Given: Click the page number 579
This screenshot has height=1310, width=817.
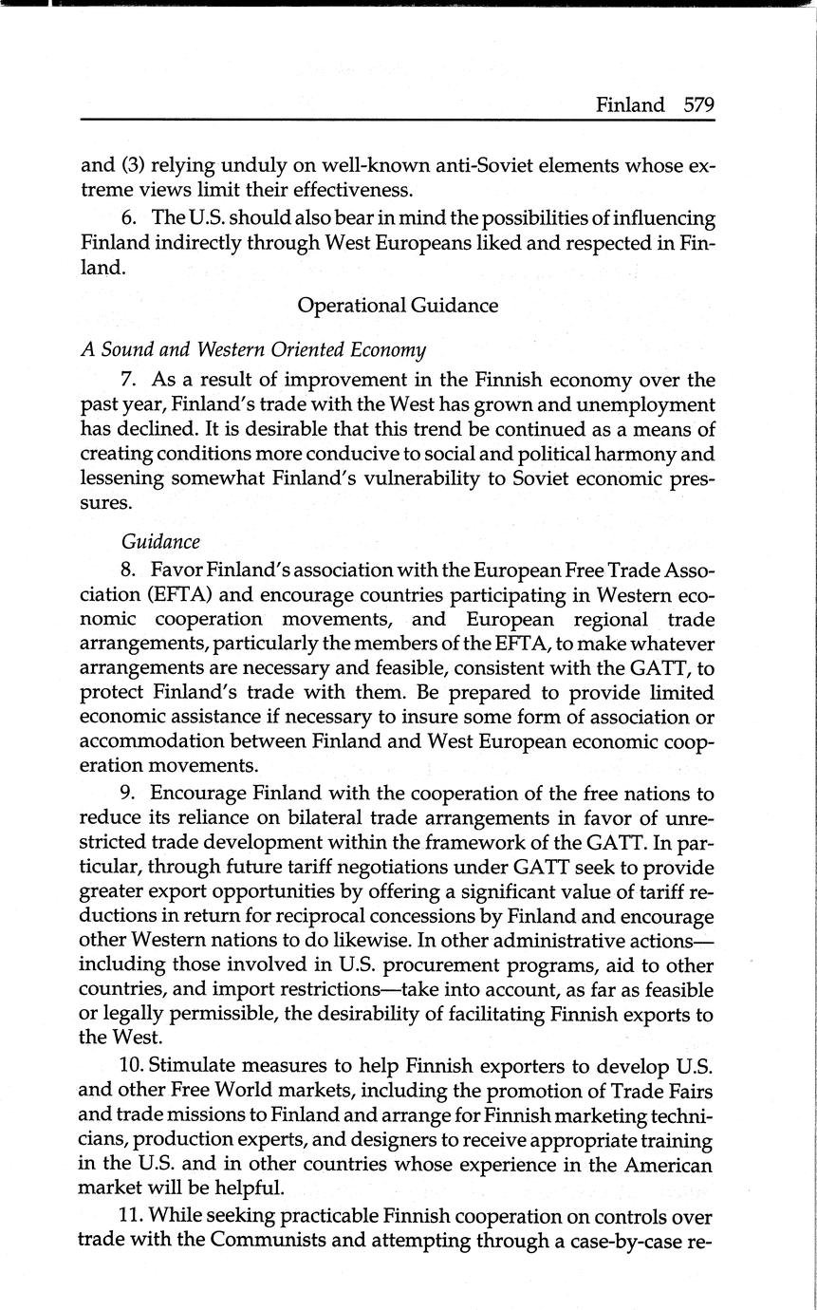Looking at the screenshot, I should (x=698, y=105).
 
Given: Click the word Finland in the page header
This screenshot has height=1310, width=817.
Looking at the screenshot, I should (x=630, y=105).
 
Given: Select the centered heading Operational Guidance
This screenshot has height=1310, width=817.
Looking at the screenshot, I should (x=397, y=306).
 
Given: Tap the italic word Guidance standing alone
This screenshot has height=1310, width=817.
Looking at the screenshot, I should (x=160, y=541).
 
